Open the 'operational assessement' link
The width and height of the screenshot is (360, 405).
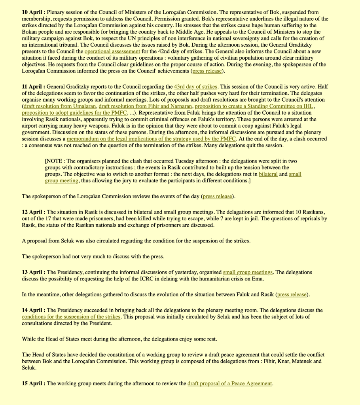(112, 51)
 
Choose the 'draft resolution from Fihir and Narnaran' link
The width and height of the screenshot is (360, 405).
(145, 106)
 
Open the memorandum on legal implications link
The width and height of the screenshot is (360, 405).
(152, 139)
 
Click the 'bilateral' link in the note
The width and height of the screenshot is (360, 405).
(268, 174)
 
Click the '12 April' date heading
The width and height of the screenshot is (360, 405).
(33, 212)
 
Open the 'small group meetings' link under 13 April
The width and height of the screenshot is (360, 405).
(248, 273)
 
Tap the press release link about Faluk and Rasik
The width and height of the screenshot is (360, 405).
(292, 295)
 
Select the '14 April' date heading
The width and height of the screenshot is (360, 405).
(33, 310)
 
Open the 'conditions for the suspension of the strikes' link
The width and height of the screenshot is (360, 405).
(71, 317)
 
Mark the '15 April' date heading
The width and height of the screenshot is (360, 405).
(33, 384)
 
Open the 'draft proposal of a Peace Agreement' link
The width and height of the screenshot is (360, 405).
(230, 384)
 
